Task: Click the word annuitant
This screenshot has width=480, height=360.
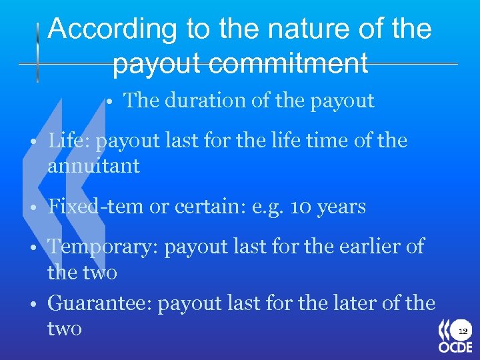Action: [93, 166]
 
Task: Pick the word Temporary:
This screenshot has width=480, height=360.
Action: [103, 247]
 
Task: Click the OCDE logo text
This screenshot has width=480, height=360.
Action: [455, 347]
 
